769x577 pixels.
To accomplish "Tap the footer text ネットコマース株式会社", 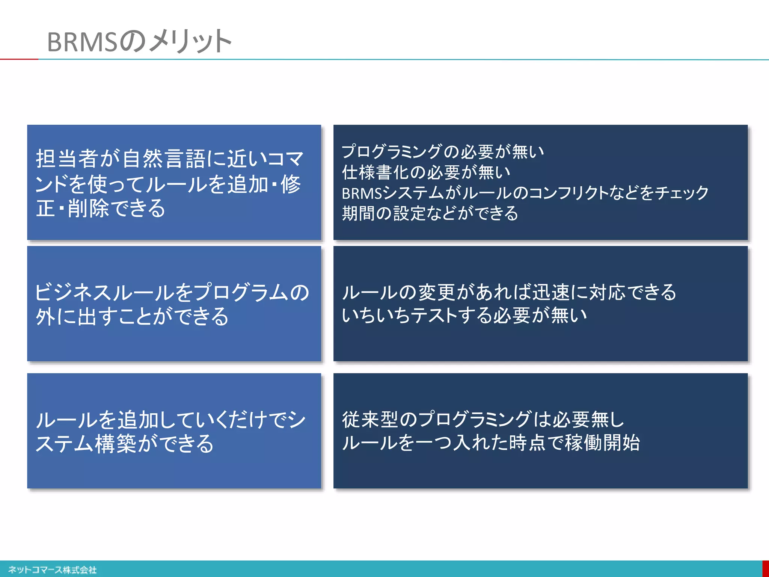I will [53, 570].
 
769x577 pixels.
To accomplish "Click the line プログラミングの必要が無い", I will [443, 151].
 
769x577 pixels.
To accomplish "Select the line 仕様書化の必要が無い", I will [426, 172].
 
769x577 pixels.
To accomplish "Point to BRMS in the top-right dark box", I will [362, 193].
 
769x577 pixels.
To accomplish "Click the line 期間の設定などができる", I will [430, 213].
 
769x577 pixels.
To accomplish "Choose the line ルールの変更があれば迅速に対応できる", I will [509, 292].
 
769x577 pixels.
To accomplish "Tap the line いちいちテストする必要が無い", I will [464, 315].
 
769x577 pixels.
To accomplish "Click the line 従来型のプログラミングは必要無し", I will [483, 419].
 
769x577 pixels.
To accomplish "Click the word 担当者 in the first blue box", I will [67, 159].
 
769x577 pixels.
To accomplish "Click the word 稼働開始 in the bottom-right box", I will [602, 443].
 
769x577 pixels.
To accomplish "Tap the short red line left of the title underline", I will [19, 59].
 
